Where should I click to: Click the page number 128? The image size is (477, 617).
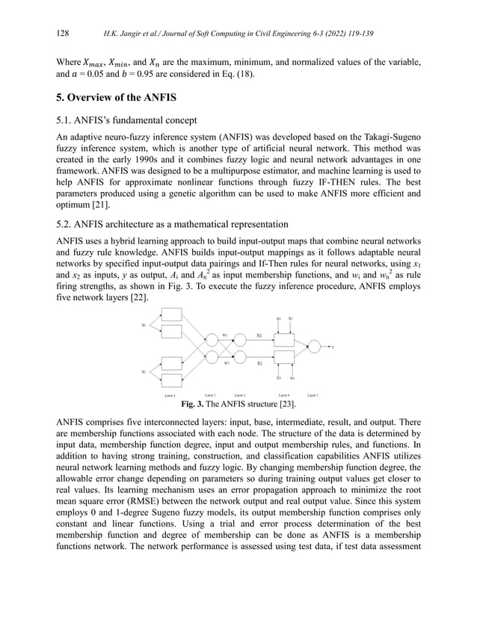[x=63, y=34]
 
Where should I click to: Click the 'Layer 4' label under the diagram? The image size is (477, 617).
[x=283, y=395]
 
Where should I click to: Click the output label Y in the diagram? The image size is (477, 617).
[x=332, y=347]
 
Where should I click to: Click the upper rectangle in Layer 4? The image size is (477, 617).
[x=284, y=338]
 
